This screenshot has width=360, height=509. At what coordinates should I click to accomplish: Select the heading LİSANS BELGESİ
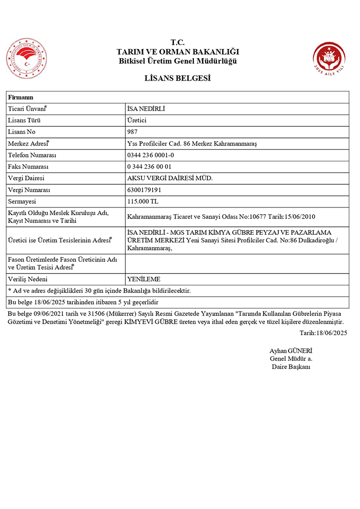(178, 78)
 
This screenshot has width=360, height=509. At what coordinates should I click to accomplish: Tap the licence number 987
(132, 132)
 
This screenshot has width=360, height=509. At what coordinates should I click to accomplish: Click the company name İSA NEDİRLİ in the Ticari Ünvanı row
(146, 109)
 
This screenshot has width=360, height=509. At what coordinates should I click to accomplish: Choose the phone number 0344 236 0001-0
(150, 155)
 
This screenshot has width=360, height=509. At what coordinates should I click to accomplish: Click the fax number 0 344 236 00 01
(149, 167)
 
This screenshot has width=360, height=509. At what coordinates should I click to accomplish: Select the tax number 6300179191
(144, 190)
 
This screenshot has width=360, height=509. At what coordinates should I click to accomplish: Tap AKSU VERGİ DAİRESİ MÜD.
(169, 178)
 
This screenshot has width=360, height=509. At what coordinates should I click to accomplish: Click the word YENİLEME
(144, 279)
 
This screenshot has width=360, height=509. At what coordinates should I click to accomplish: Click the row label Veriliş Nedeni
(30, 279)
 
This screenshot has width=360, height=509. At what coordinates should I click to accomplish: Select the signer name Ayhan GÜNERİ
(291, 351)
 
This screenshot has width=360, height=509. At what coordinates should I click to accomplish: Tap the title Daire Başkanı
(291, 367)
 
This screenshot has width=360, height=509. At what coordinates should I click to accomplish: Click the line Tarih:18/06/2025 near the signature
(323, 332)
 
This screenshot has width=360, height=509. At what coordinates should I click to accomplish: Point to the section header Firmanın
(21, 97)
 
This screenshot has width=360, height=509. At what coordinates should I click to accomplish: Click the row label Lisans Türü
(25, 121)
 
